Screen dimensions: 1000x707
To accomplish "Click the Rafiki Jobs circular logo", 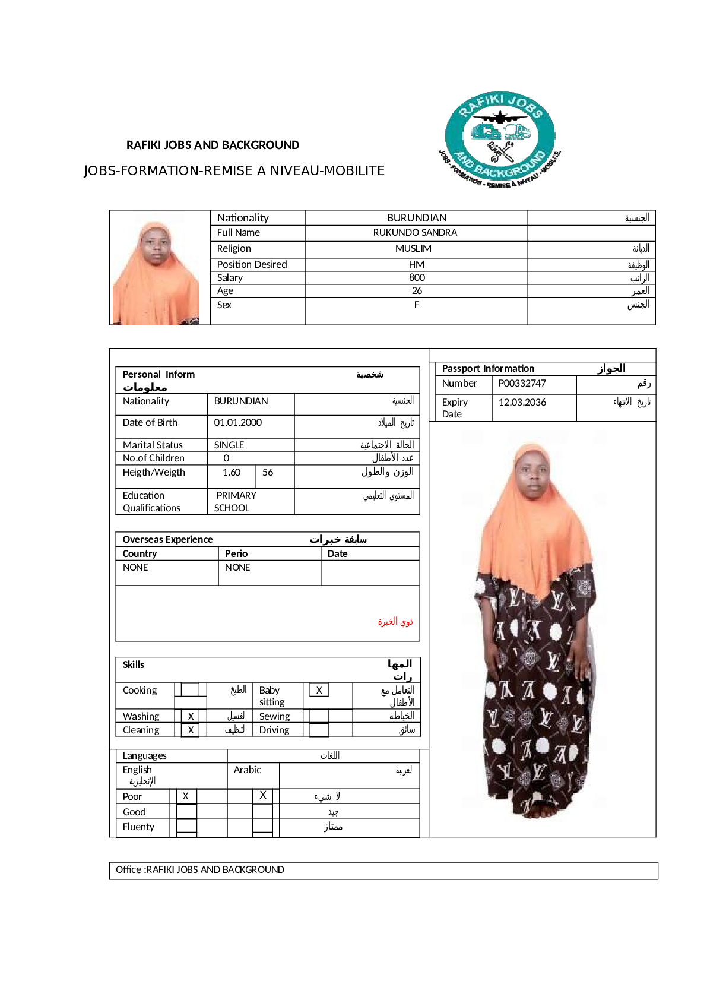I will pyautogui.click(x=499, y=140).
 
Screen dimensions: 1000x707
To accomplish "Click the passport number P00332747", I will pyautogui.click(x=522, y=384).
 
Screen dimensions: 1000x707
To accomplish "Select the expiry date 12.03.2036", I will pyautogui.click(x=522, y=403).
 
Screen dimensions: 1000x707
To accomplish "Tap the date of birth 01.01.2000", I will pyautogui.click(x=237, y=423).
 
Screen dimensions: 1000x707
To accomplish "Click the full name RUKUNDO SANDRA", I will pyautogui.click(x=415, y=233).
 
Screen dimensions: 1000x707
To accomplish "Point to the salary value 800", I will pyautogui.click(x=417, y=278).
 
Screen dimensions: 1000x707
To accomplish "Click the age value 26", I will pyautogui.click(x=417, y=291).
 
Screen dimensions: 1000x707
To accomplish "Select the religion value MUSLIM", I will pyautogui.click(x=413, y=249).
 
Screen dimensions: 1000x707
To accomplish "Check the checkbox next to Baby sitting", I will pyautogui.click(x=319, y=690).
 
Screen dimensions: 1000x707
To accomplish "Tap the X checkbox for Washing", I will pyautogui.click(x=191, y=717).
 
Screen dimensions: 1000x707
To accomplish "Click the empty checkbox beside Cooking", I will pyautogui.click(x=190, y=690).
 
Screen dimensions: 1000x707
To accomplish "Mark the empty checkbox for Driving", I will pyautogui.click(x=319, y=730).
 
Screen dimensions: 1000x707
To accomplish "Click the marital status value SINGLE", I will pyautogui.click(x=229, y=445).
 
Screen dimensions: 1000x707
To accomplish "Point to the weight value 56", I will pyautogui.click(x=268, y=473).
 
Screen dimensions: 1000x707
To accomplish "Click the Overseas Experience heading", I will pyautogui.click(x=167, y=540).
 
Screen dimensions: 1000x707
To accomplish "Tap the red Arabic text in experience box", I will pyautogui.click(x=395, y=622).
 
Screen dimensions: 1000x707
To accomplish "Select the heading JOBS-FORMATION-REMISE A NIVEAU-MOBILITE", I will pyautogui.click(x=234, y=171).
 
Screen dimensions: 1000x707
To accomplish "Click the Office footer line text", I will pyautogui.click(x=200, y=870).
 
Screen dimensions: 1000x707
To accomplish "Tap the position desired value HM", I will pyautogui.click(x=416, y=265).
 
